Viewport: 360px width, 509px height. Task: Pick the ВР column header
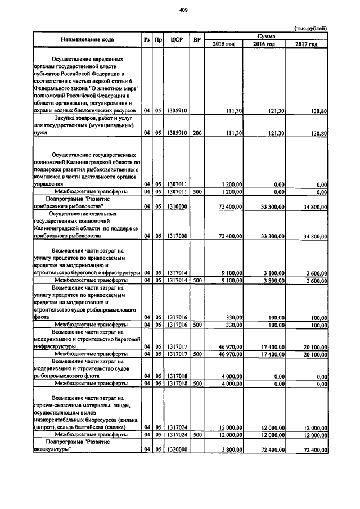pos(197,39)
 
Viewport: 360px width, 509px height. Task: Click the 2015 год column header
pos(223,44)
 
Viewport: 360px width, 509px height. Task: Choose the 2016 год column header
pos(264,44)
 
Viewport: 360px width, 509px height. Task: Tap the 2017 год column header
pos(306,44)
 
